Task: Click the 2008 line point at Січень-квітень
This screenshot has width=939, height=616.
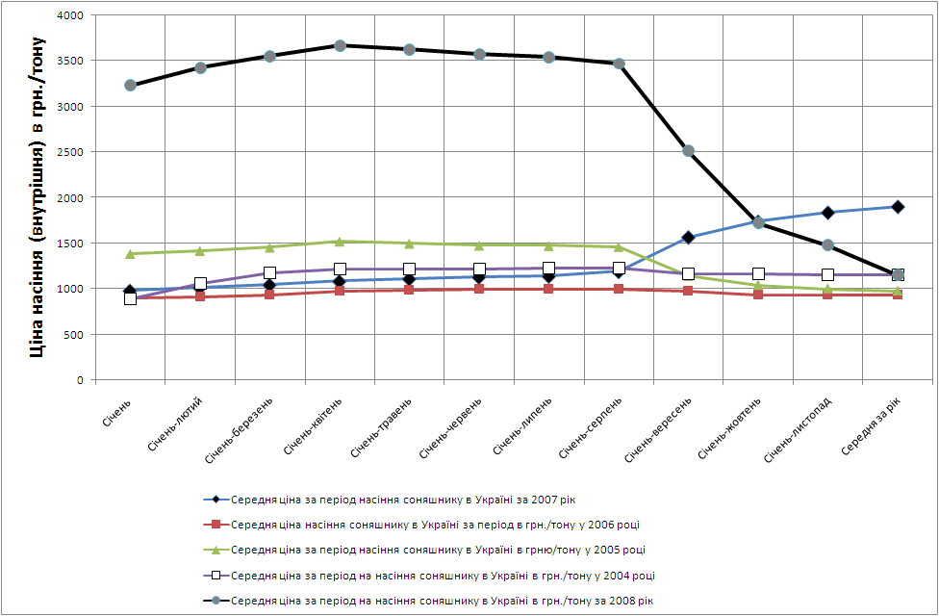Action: pyautogui.click(x=340, y=45)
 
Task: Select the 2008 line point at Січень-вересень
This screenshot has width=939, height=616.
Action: pyautogui.click(x=688, y=151)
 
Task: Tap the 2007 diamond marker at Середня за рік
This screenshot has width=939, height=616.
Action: pyautogui.click(x=898, y=207)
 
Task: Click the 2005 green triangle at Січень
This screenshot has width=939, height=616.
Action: pyautogui.click(x=130, y=253)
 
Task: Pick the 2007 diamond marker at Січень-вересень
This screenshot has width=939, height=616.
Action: pyautogui.click(x=688, y=237)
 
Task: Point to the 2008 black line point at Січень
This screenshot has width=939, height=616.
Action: pyautogui.click(x=130, y=86)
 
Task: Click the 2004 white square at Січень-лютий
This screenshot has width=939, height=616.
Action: pyautogui.click(x=200, y=284)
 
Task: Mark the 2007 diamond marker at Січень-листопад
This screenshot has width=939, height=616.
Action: pyautogui.click(x=827, y=213)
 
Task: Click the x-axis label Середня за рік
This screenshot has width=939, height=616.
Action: pyautogui.click(x=873, y=423)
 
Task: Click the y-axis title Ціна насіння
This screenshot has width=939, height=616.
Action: pyautogui.click(x=38, y=197)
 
